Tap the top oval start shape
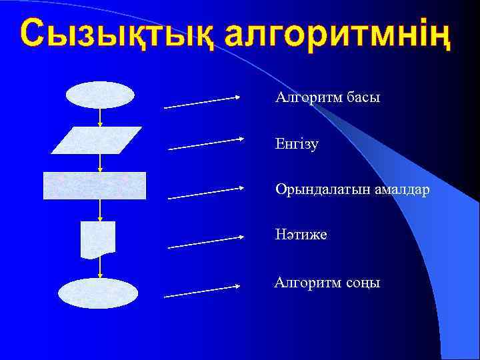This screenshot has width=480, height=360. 100,95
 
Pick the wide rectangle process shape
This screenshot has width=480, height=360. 95,185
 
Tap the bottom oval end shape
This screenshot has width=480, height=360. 98,293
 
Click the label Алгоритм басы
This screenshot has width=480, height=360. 328,98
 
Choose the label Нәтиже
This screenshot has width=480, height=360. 301,235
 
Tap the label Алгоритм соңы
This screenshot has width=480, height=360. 327,283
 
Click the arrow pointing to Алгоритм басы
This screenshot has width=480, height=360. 202,102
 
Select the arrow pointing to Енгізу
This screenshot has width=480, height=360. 206,144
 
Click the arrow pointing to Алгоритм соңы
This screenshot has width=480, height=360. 202,291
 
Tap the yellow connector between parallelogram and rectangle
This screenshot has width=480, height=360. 99,163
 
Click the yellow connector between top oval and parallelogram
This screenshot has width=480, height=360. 99,117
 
